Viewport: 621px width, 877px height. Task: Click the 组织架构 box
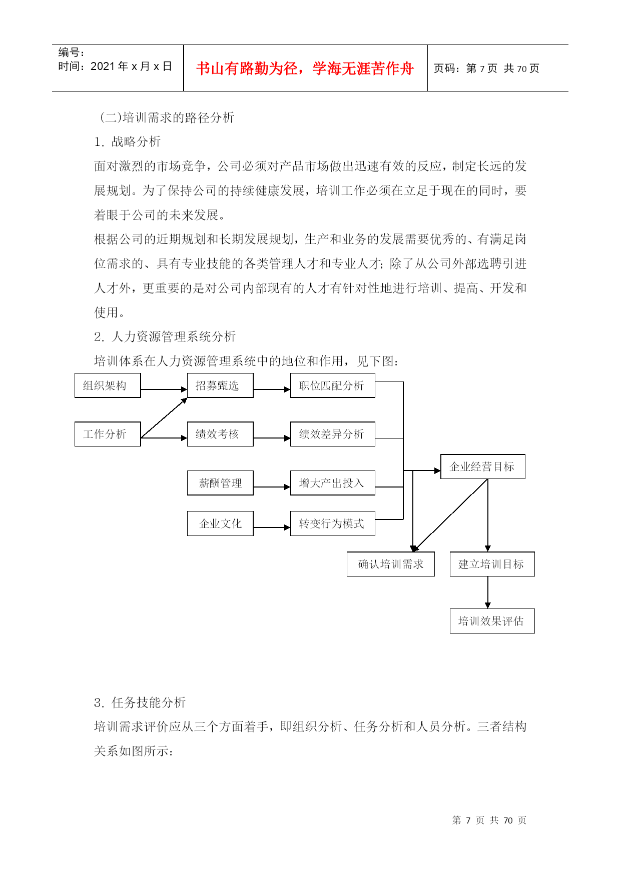coord(108,385)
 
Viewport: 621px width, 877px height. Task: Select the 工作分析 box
coord(108,434)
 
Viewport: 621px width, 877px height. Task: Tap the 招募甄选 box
coord(220,385)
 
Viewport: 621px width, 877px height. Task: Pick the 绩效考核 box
coord(220,434)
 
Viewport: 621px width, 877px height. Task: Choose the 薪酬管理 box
coord(220,483)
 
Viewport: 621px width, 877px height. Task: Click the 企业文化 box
coord(220,523)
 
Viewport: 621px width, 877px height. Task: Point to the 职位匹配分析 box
coord(333,385)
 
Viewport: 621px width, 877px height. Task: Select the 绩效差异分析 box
coord(333,434)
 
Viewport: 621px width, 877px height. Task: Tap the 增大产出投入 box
coord(333,483)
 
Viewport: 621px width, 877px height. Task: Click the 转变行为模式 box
coord(333,523)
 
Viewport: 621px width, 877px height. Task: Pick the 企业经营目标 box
coord(483,466)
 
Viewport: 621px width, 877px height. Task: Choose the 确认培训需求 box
coord(391,564)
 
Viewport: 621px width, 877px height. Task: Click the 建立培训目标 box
coord(492,564)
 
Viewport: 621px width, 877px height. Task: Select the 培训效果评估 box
coord(492,621)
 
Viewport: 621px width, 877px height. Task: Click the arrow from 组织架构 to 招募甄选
coord(164,389)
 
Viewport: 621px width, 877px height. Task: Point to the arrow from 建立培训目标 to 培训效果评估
coord(488,592)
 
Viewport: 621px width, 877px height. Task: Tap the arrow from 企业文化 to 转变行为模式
coord(272,527)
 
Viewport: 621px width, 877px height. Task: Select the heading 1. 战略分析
coord(128,142)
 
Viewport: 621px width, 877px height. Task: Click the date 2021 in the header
coord(103,66)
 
